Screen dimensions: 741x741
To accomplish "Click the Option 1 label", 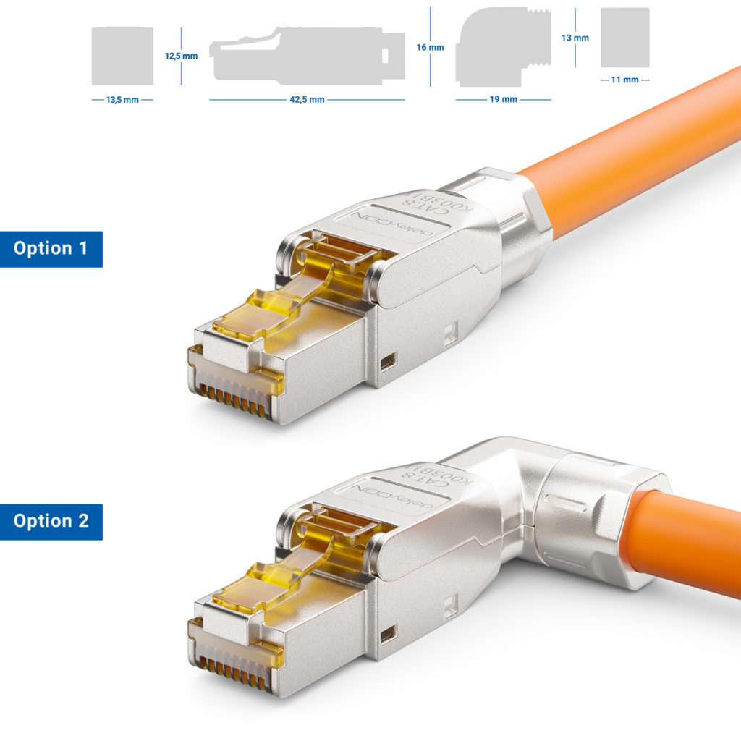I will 51,249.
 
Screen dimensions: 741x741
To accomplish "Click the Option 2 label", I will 51,521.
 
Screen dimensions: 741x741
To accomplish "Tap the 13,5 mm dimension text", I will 122,100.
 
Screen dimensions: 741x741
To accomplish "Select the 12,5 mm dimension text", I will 181,56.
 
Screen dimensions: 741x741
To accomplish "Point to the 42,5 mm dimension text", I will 307,100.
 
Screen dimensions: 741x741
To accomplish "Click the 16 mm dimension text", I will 430,47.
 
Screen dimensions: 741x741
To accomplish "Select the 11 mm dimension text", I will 624,80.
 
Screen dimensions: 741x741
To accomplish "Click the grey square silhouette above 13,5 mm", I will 122,56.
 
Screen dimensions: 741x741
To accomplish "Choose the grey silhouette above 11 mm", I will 624,38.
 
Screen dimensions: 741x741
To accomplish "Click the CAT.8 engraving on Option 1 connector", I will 433,210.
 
